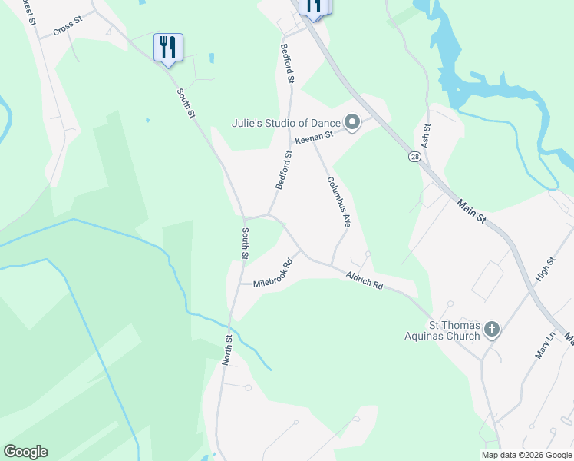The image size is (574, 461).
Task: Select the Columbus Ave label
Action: (338, 202)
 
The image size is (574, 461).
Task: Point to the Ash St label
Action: (427, 137)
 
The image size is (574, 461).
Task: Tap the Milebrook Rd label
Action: (274, 274)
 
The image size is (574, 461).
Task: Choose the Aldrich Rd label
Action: (364, 280)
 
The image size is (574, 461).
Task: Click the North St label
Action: (227, 350)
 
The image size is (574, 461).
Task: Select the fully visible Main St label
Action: (471, 212)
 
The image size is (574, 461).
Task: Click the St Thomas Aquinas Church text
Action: (444, 330)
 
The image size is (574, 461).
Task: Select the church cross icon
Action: (492, 330)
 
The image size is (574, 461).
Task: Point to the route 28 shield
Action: (414, 157)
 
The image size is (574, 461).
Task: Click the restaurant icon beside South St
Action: (168, 48)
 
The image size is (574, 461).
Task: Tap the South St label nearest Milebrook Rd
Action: (245, 243)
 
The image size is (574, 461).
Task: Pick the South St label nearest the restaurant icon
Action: (186, 104)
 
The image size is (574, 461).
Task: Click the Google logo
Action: (25, 452)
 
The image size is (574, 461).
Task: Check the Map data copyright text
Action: (526, 455)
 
